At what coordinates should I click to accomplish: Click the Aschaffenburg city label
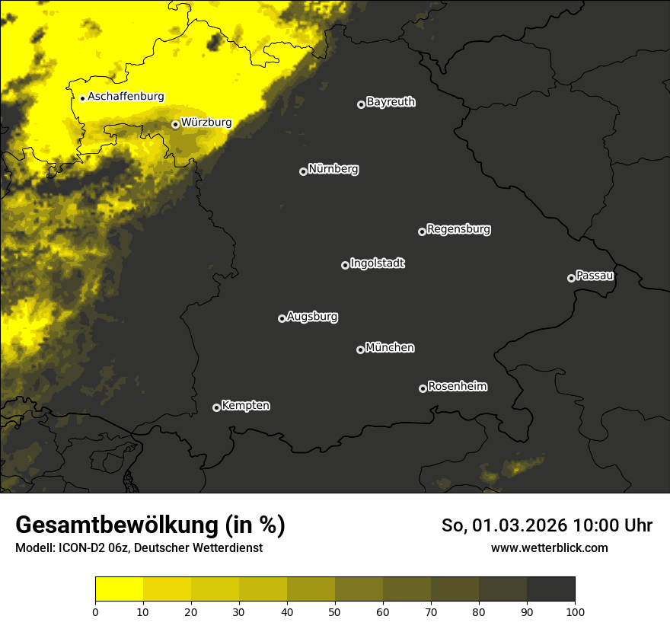point(126,97)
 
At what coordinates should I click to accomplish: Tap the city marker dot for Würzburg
point(175,124)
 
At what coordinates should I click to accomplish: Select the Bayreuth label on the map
point(391,102)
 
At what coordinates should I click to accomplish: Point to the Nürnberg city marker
point(303,171)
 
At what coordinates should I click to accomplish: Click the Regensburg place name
point(458,228)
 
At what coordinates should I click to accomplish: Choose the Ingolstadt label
point(377,263)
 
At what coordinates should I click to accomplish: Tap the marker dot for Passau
point(571,278)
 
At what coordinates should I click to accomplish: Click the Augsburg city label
point(312,316)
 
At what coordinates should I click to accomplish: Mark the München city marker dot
point(360,350)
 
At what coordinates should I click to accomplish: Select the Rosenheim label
point(457,386)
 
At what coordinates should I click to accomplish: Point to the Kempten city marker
point(216,407)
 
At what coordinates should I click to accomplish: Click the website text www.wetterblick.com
point(549,547)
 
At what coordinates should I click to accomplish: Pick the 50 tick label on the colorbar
point(335,611)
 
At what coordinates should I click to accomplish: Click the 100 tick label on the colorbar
point(575,611)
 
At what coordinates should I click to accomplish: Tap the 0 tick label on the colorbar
point(95,611)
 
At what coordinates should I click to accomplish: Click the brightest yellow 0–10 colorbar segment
point(119,589)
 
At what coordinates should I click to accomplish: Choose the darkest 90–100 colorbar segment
point(550,589)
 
